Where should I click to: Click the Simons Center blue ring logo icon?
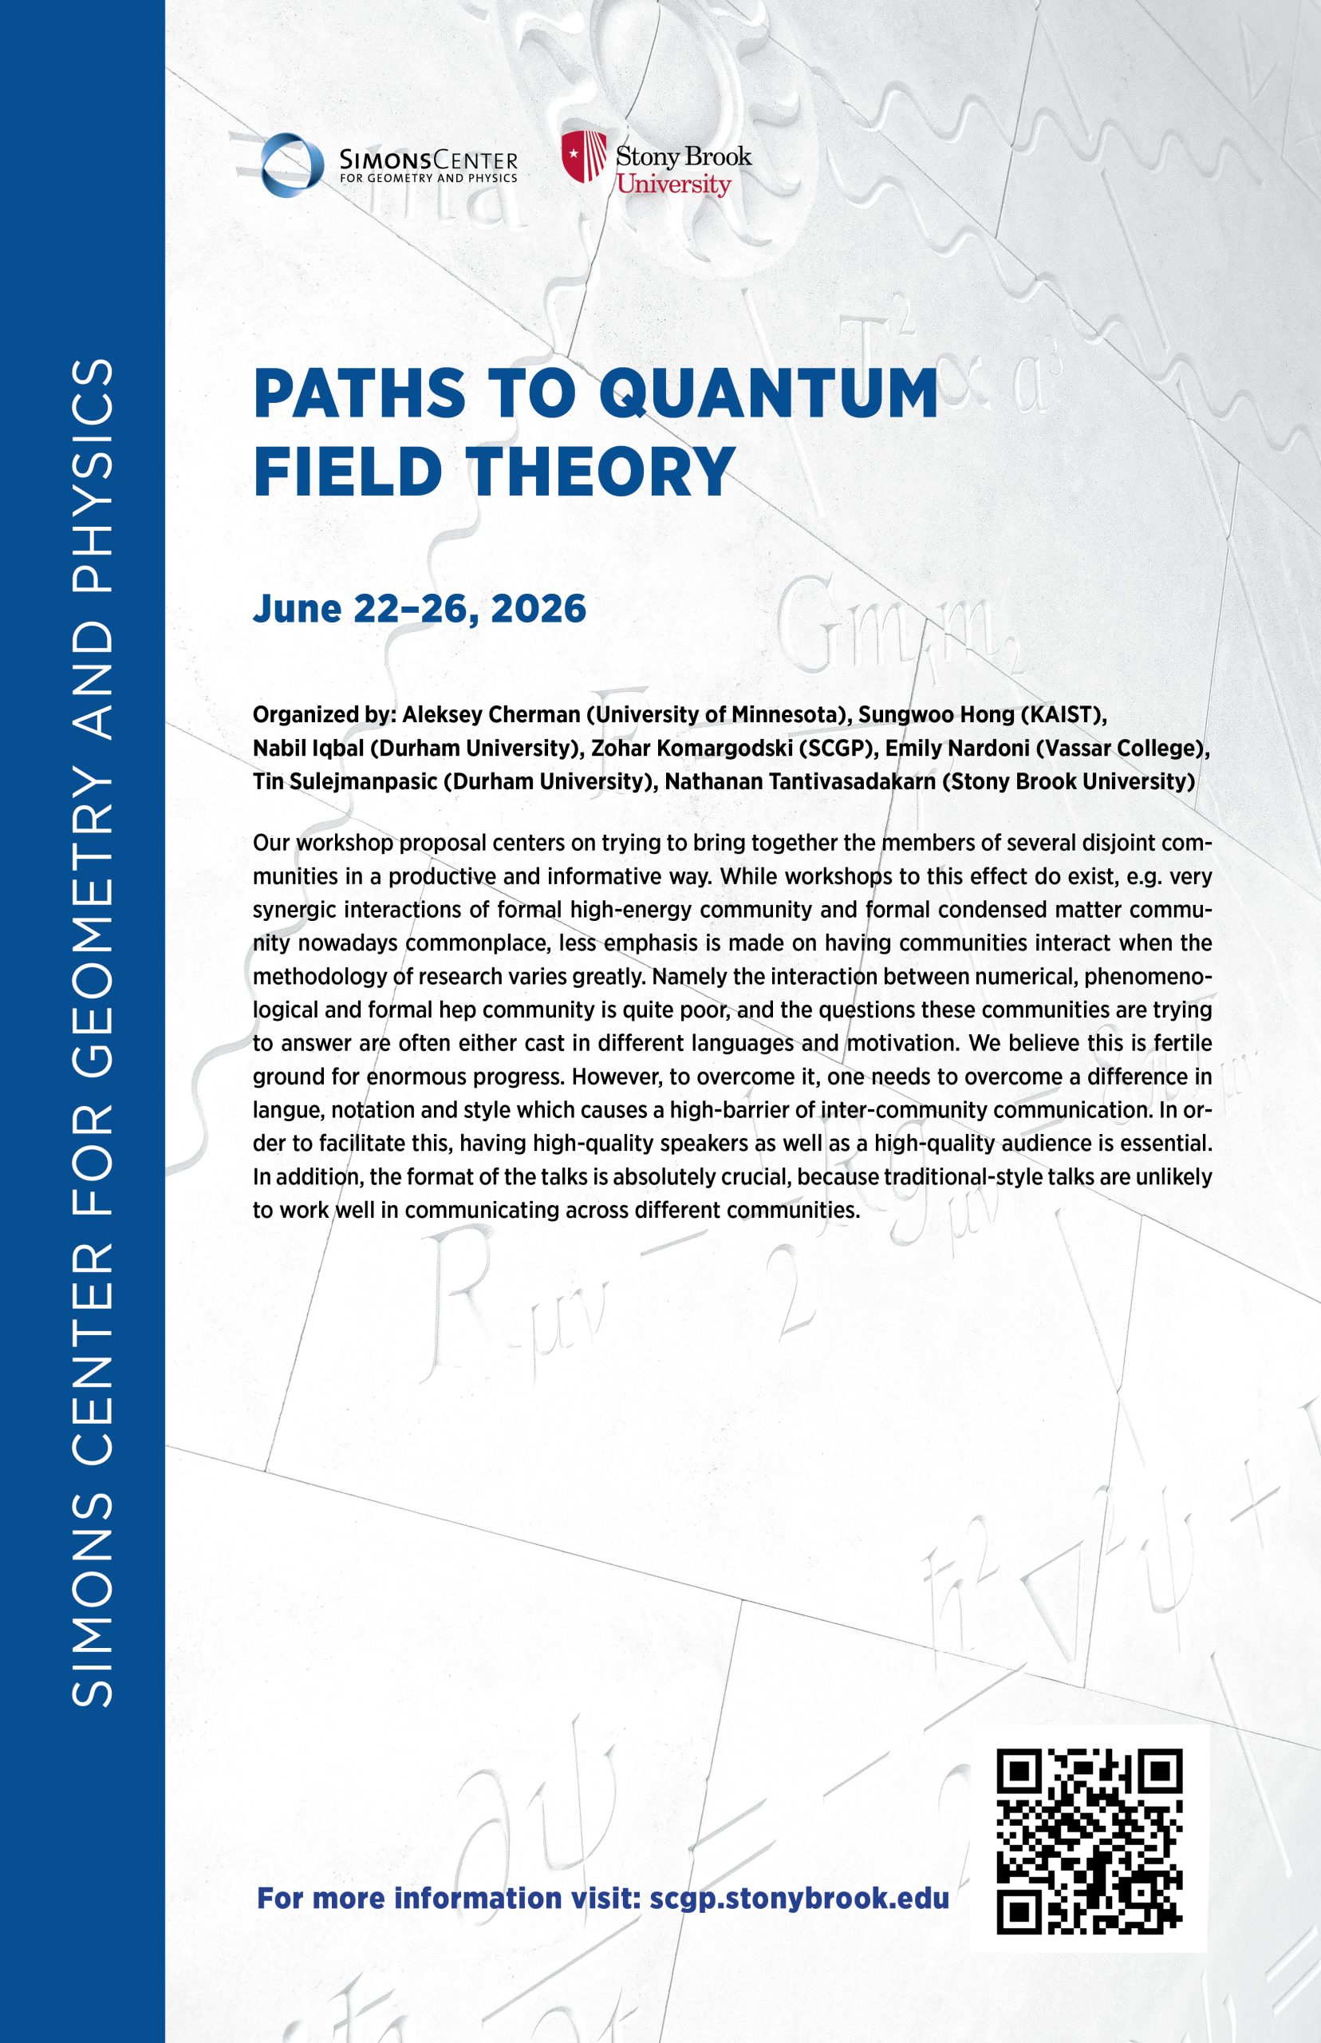pos(293,164)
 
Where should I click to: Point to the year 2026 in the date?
pos(538,608)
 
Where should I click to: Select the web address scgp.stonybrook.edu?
pos(799,1897)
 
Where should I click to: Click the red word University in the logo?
pos(673,184)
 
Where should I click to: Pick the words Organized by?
pos(323,715)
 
